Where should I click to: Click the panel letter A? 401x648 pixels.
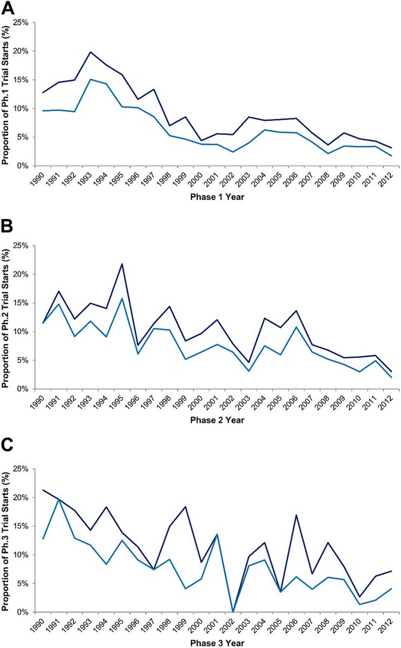coord(9,8)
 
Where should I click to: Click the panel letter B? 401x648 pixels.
coord(9,232)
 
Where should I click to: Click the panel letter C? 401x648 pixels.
coord(9,455)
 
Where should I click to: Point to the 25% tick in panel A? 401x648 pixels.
coord(27,22)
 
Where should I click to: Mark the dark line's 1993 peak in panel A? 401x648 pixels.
coord(91,52)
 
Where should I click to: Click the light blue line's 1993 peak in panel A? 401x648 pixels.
coord(91,79)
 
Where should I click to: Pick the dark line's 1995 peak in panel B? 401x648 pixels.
coord(123,264)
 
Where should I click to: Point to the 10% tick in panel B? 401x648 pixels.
coord(27,332)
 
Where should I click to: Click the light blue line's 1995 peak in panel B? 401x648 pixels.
coord(123,298)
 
